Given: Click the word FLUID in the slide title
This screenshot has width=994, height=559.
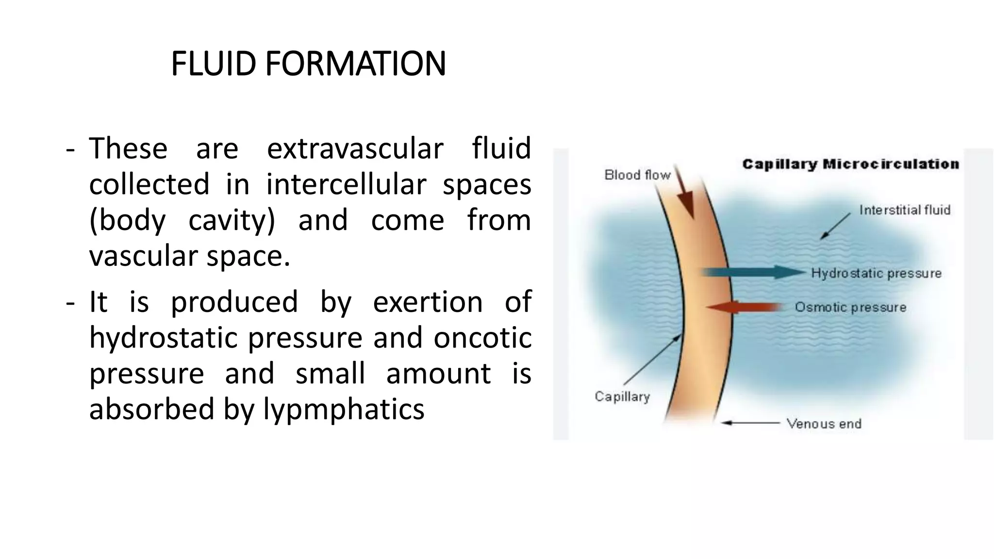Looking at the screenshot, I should click(x=213, y=64).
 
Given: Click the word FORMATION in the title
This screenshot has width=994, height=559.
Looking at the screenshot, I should click(x=355, y=64).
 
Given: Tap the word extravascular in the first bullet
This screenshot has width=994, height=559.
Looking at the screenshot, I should click(x=355, y=148).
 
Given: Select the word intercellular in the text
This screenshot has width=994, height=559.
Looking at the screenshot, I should click(x=346, y=184).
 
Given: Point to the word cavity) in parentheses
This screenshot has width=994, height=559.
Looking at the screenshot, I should click(x=232, y=220).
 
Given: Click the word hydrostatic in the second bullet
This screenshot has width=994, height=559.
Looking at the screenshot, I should click(x=163, y=338).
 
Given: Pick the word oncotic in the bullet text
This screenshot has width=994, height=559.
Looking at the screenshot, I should click(x=482, y=338).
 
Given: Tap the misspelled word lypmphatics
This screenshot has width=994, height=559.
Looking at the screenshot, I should click(x=344, y=409).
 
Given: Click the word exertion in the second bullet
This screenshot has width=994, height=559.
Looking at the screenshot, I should click(x=428, y=302).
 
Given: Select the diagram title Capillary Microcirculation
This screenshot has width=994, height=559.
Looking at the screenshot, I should click(x=850, y=164).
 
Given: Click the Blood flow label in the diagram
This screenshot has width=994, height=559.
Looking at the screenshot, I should click(x=637, y=175).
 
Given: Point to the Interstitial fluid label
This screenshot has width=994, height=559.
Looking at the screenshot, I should click(x=905, y=210).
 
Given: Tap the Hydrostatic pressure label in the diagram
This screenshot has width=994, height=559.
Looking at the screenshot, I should click(x=876, y=273).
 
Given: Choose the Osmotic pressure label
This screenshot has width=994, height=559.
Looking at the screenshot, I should click(x=850, y=307).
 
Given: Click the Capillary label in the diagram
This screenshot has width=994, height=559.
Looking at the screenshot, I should click(x=622, y=396).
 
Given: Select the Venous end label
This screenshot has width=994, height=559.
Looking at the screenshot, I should click(x=824, y=424).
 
